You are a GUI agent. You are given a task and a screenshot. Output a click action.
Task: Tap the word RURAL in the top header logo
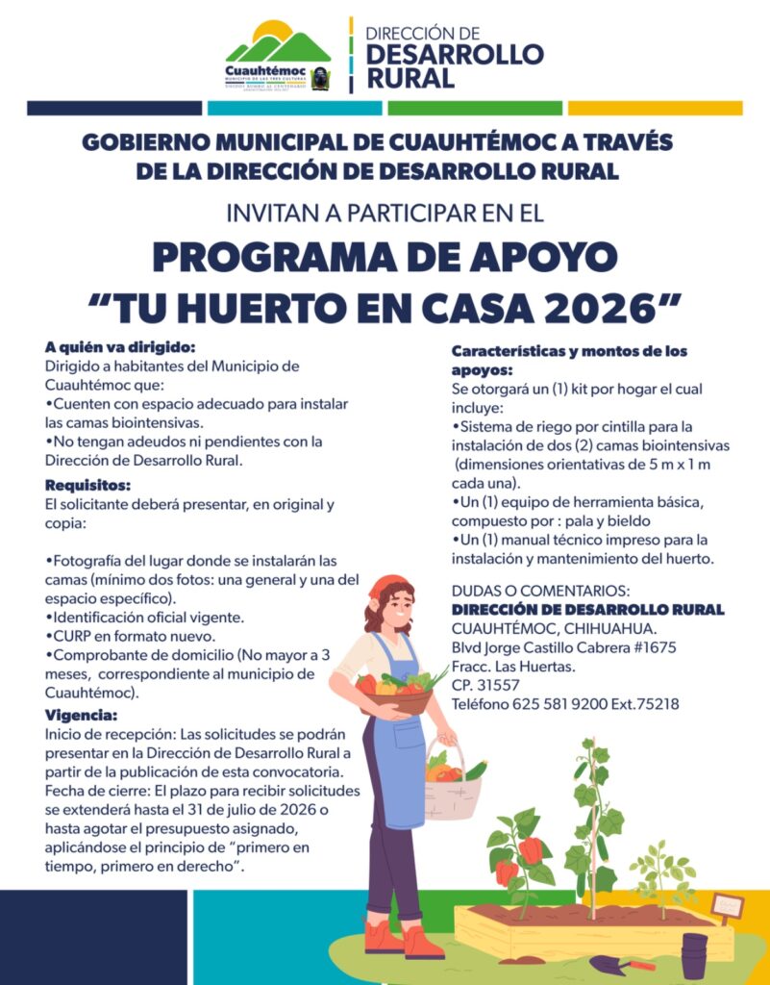[410, 78]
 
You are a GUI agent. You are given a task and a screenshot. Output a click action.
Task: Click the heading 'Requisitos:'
[87, 485]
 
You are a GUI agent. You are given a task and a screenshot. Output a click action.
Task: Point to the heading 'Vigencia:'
[82, 715]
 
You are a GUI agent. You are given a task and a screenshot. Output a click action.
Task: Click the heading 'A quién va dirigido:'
[119, 346]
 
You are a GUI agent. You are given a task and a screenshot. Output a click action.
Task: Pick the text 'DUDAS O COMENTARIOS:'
[540, 591]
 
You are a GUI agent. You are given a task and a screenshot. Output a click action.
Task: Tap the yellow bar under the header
[655, 108]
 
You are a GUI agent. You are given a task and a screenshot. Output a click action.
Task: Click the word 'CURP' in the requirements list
[69, 636]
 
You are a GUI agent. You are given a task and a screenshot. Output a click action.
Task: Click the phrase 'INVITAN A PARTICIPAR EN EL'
[384, 212]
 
